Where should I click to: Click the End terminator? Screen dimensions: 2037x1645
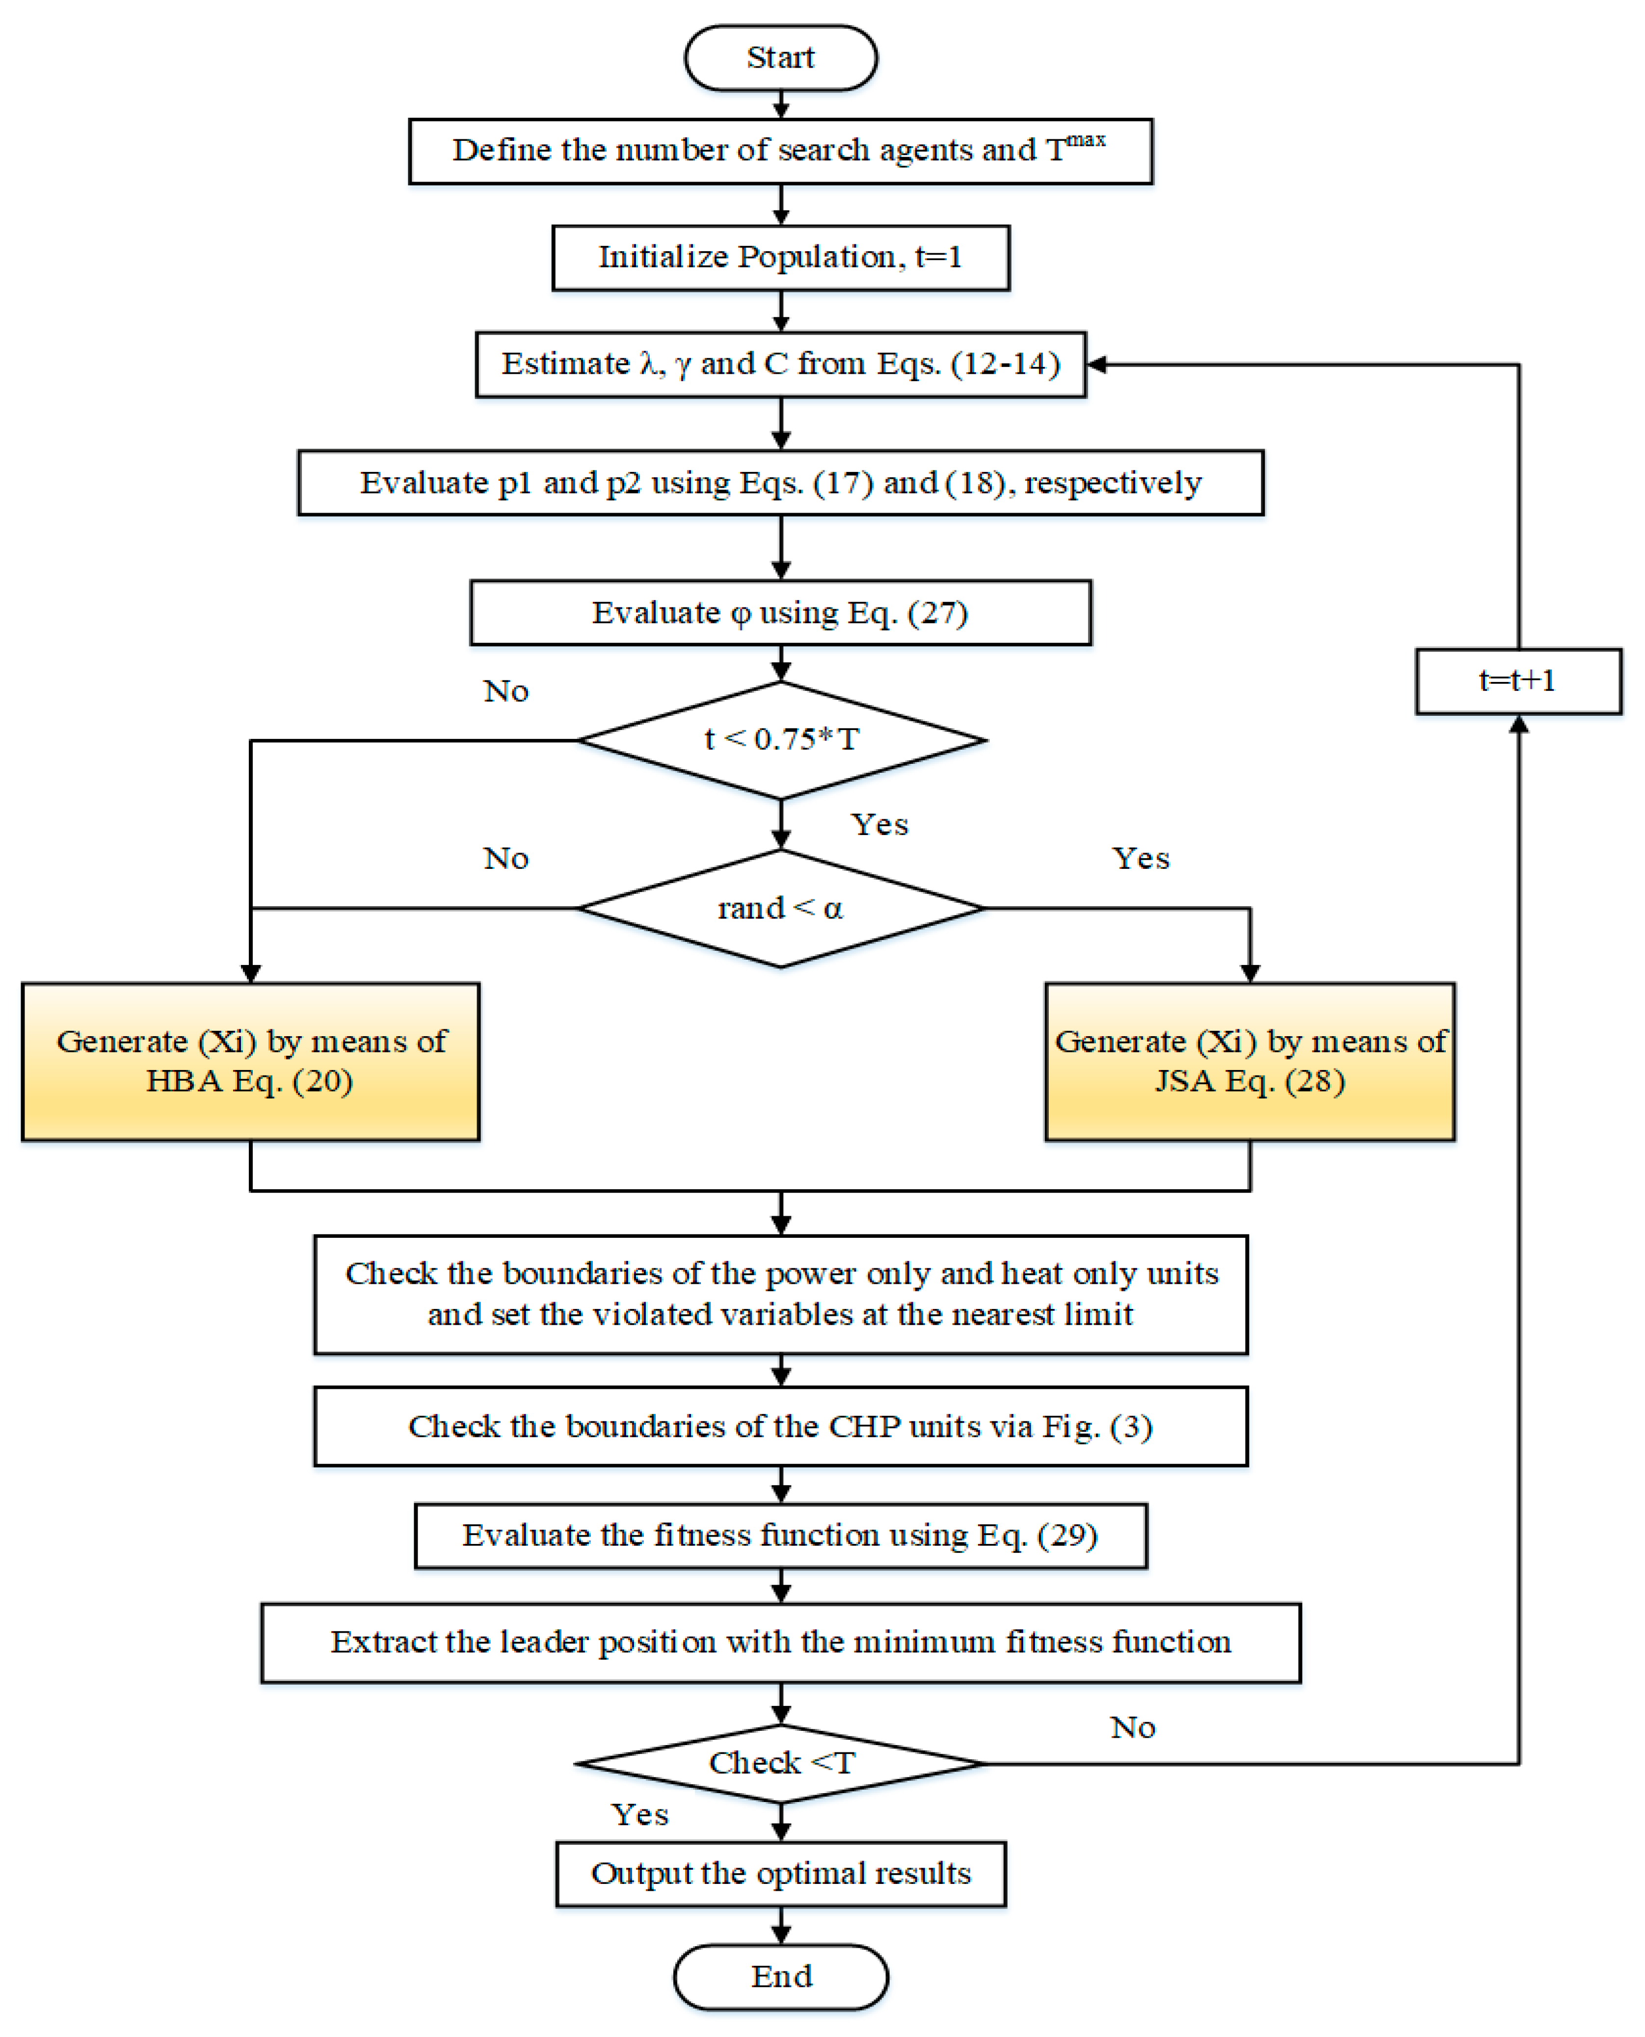(x=781, y=1976)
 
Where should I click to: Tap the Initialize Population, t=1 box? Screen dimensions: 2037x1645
(x=781, y=257)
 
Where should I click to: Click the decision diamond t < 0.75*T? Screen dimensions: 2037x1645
(x=781, y=739)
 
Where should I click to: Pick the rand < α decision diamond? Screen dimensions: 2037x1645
(x=781, y=908)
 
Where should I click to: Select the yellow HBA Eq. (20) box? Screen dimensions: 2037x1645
(x=250, y=1061)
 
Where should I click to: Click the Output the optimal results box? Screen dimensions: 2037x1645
(x=781, y=1873)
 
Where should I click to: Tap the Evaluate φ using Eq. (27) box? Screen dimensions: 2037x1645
(x=781, y=613)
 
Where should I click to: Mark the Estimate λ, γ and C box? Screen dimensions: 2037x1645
(x=781, y=364)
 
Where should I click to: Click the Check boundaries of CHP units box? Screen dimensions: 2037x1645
(x=781, y=1426)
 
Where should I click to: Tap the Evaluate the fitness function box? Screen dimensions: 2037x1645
(x=781, y=1535)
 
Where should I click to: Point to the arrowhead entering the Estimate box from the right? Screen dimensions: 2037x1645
(x=1096, y=365)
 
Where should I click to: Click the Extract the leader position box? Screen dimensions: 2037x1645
(x=781, y=1642)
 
